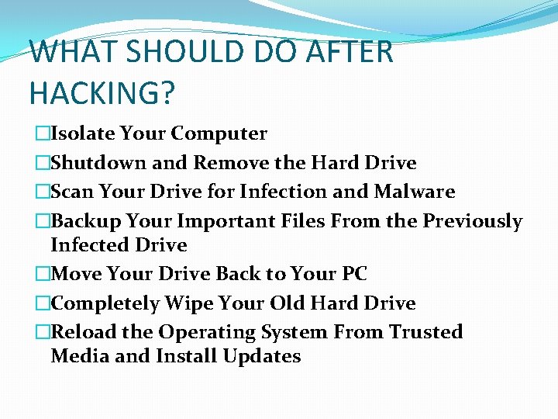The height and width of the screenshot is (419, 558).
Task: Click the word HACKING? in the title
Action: (x=102, y=92)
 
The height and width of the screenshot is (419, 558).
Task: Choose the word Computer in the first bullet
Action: (x=219, y=133)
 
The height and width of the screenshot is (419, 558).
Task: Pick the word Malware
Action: (x=415, y=192)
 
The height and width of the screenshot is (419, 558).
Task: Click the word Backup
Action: (x=85, y=221)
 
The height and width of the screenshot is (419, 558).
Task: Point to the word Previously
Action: (x=472, y=221)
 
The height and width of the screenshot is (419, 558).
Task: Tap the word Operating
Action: (x=205, y=332)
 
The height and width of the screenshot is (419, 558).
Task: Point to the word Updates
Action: (x=261, y=356)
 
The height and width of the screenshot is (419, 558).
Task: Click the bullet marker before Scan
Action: (x=42, y=192)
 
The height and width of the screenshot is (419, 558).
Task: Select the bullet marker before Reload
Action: (x=42, y=332)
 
